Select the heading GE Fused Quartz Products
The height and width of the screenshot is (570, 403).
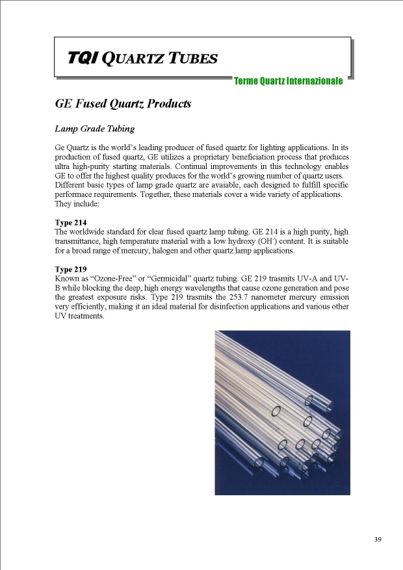pyautogui.click(x=123, y=104)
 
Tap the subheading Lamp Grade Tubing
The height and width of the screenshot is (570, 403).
pyautogui.click(x=95, y=129)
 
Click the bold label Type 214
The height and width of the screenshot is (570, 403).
pyautogui.click(x=71, y=222)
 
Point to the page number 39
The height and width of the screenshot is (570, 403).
pyautogui.click(x=378, y=539)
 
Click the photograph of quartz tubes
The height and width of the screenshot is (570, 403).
pyautogui.click(x=282, y=412)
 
